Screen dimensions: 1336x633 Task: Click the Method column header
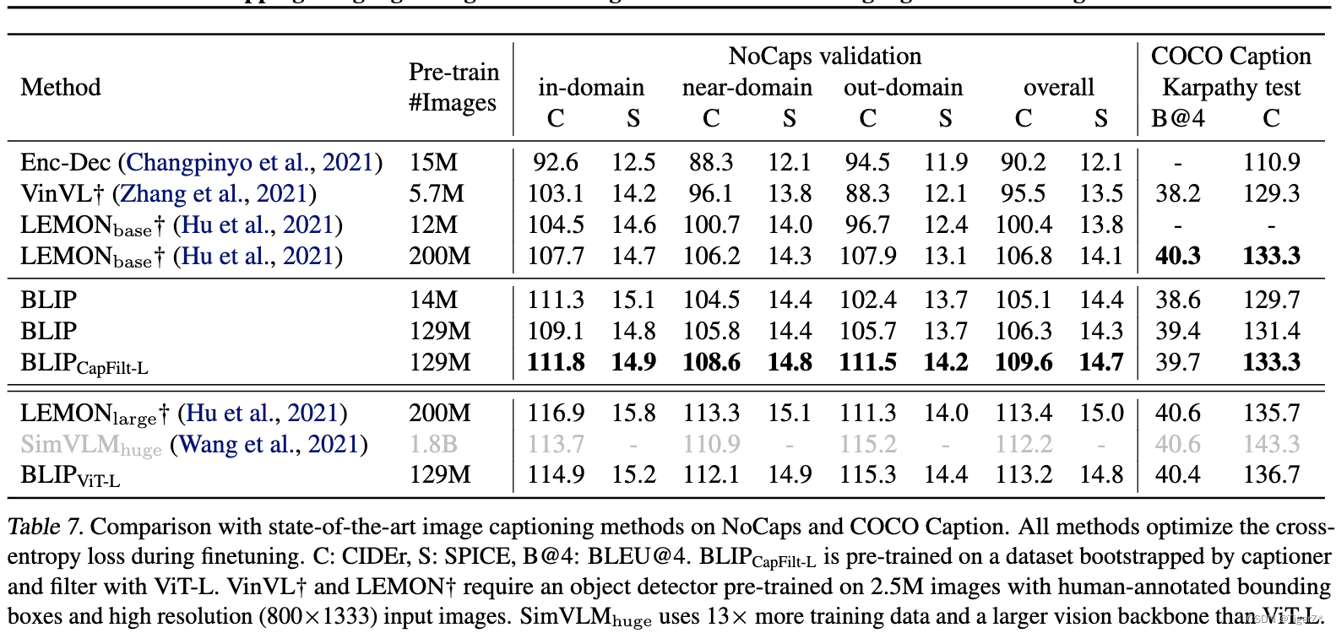[60, 88]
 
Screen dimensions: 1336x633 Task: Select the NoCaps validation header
[825, 56]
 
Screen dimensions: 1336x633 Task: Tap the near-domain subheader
[747, 88]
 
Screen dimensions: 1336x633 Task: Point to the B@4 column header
[1177, 118]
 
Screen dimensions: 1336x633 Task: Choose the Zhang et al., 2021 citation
[214, 194]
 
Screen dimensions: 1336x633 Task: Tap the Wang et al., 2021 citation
[269, 445]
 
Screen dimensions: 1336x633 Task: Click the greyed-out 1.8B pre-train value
[433, 445]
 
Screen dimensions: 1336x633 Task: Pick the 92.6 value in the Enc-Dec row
[556, 162]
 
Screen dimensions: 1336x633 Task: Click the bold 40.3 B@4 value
[1177, 257]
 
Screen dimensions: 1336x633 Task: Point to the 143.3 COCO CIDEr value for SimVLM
[1271, 445]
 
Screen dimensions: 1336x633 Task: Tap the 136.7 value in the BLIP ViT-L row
[1271, 475]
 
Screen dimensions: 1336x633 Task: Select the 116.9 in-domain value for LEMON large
[556, 413]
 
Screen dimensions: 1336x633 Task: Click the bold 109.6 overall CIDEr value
[1023, 362]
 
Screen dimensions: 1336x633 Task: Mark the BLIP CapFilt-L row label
[84, 364]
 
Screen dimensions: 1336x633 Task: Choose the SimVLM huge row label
[90, 446]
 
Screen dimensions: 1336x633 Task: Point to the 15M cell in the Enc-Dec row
[433, 162]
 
